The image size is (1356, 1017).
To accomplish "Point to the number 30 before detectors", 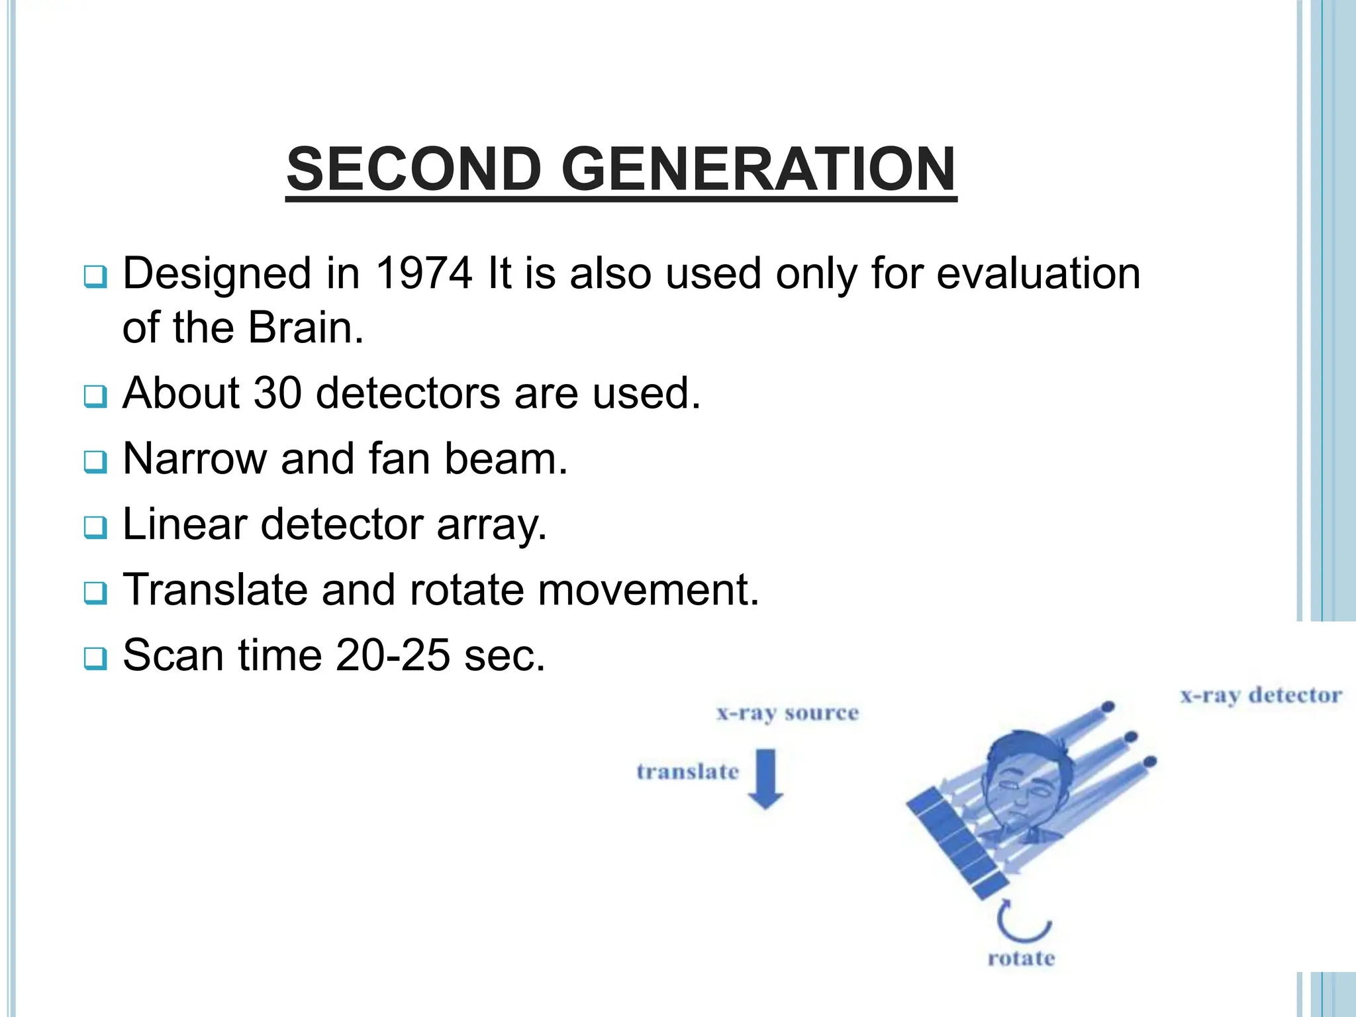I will point(277,393).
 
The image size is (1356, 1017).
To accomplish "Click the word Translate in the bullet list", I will point(215,589).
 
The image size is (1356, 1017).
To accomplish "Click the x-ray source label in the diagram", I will point(787,714).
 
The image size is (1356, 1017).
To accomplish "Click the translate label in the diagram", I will point(687,772).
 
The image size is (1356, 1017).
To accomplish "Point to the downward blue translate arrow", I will point(765,779).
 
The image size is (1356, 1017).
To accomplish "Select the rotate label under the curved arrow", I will point(1021,959).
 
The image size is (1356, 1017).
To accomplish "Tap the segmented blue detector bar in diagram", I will point(957,845).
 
